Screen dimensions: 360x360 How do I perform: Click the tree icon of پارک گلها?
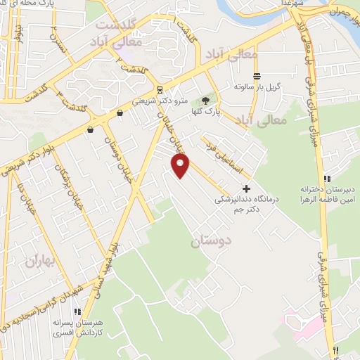tap(205, 100)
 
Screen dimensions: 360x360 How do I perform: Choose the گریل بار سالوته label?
tap(257, 87)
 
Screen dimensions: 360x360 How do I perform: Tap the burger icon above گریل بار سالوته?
tap(257, 76)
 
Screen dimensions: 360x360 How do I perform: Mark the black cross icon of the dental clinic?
tap(246, 188)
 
